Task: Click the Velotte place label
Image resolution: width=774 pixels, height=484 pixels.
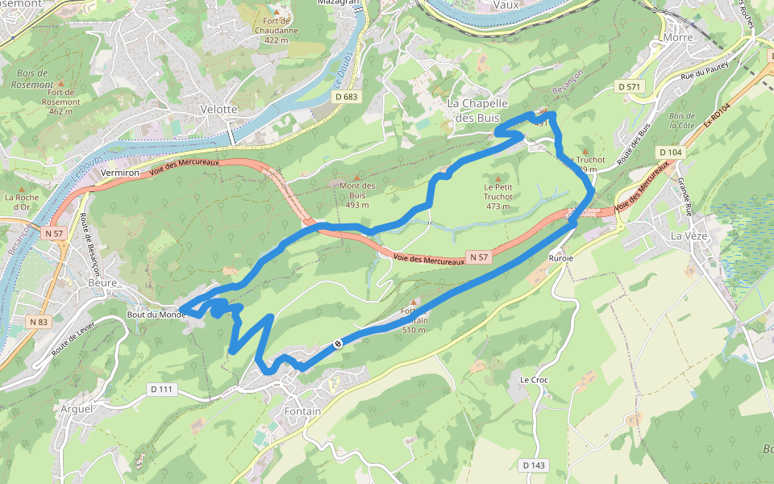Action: (x=219, y=109)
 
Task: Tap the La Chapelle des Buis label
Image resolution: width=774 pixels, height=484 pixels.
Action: (x=478, y=111)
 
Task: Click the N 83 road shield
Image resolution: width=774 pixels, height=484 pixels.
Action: (x=38, y=322)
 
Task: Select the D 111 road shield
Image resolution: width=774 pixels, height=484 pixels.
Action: (x=161, y=390)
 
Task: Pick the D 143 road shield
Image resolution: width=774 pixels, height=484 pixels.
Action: (x=533, y=465)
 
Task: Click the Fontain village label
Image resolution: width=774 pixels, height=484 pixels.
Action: (x=302, y=411)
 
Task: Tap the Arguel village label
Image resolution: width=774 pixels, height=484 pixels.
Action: (x=77, y=409)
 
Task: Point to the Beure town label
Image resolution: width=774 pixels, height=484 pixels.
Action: (x=102, y=283)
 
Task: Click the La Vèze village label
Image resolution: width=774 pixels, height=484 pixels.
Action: (x=687, y=236)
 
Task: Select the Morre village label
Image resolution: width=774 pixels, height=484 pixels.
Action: (x=678, y=37)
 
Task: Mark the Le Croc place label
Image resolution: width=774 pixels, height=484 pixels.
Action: (x=534, y=379)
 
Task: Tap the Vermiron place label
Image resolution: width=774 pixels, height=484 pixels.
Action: (x=122, y=173)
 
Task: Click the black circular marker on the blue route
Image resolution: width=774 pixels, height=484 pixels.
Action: (x=338, y=344)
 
